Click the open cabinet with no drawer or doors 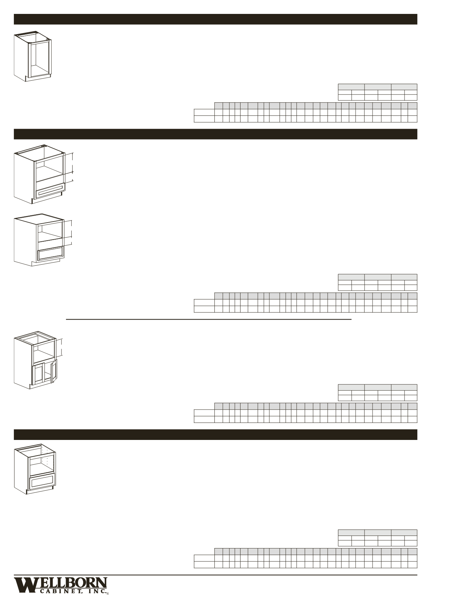coord(33,56)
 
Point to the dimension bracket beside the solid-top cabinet coord(71,232)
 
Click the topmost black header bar coord(215,19)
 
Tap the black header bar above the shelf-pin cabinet coord(215,434)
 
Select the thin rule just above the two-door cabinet coord(209,319)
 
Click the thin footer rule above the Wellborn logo coord(215,575)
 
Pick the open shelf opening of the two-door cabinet coord(43,352)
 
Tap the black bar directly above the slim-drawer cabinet coord(215,134)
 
